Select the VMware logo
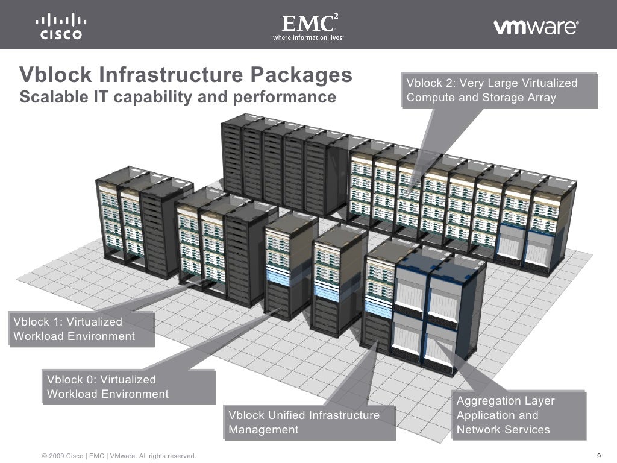tap(536, 27)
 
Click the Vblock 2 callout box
tap(498, 90)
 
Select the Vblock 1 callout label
tap(81, 329)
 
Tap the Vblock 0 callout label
tap(128, 387)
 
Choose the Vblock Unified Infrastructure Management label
tap(309, 422)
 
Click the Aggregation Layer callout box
tap(518, 415)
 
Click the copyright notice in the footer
tap(119, 456)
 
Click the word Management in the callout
tap(263, 430)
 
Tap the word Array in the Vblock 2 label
tap(540, 98)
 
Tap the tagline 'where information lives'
tap(308, 37)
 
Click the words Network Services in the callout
tap(503, 430)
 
